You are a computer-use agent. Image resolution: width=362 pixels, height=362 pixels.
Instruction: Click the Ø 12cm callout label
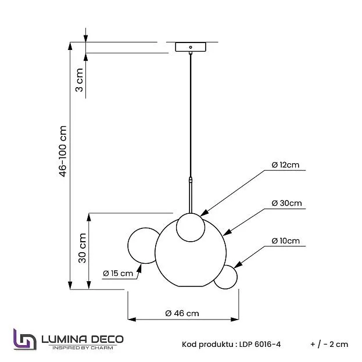point(285,165)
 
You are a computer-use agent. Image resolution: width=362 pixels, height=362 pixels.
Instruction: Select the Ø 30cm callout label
point(286,203)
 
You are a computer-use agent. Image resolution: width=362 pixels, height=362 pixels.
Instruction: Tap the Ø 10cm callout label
point(285,241)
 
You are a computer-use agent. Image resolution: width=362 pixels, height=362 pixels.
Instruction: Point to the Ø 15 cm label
point(118,273)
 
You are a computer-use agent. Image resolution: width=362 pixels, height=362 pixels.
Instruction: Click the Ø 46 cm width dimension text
point(182,313)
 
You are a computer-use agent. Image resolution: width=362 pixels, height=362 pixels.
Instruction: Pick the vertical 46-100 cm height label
point(63,151)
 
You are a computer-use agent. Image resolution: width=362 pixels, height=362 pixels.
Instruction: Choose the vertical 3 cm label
point(79,80)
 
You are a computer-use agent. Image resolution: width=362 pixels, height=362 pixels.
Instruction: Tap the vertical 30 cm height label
point(82,248)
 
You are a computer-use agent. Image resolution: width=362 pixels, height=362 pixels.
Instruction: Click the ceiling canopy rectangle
point(191,47)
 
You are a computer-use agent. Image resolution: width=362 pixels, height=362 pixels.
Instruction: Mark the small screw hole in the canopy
point(191,47)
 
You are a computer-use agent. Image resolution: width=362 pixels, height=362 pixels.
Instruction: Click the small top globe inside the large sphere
point(191,227)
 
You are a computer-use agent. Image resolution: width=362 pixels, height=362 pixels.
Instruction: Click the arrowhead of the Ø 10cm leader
point(238,266)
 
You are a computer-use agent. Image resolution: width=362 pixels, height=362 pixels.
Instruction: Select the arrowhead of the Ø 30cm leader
point(227,232)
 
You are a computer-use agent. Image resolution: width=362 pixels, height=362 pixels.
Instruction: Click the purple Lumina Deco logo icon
point(25,339)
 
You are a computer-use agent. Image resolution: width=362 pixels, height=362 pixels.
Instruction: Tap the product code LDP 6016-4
point(260,345)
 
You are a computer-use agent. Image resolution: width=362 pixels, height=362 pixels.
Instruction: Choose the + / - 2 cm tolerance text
point(329,345)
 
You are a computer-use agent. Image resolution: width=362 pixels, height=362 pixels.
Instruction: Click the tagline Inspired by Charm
point(83,347)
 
